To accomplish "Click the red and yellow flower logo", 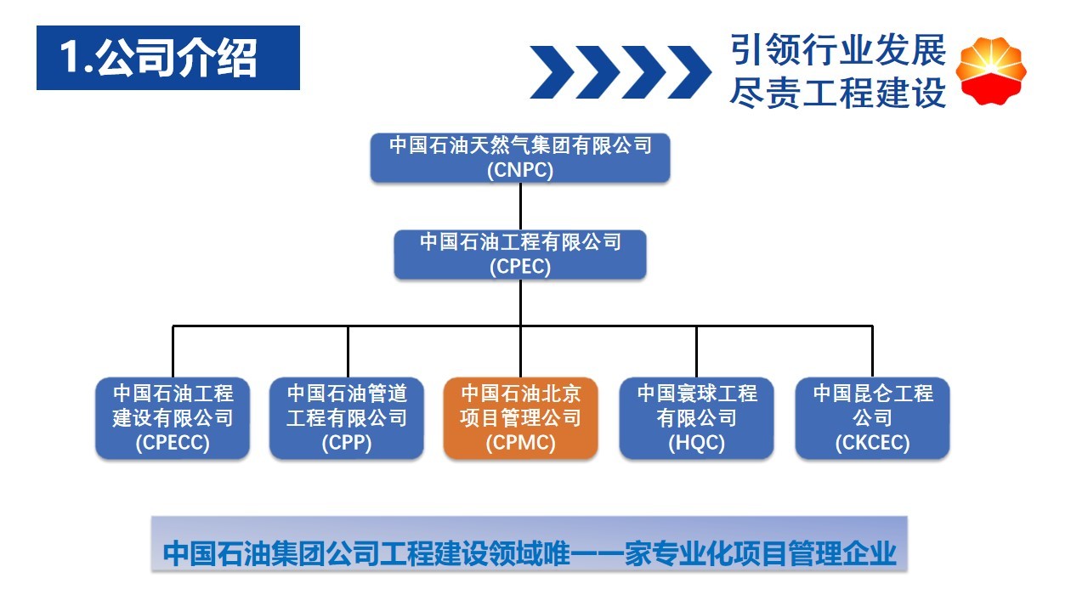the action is [991, 71].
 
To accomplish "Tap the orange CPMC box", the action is [520, 418].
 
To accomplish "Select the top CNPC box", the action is [520, 158].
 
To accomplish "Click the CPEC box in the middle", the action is [520, 254].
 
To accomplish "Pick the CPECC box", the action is [173, 418].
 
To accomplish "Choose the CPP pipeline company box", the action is [347, 418].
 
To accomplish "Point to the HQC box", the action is [696, 418].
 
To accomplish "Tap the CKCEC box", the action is [872, 418].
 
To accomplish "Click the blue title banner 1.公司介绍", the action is [168, 58].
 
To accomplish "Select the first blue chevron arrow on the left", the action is [552, 72].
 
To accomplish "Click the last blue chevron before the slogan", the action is [689, 72].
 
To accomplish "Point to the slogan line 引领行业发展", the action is [838, 49].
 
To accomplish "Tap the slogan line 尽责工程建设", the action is [838, 93].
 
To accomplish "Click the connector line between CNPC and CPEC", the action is [520, 207].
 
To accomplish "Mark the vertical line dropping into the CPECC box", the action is [173, 352].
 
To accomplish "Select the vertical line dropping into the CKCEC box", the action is [872, 352].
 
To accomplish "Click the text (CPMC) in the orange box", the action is [520, 443].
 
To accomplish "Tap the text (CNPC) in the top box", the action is [520, 170].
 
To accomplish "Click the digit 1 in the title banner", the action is [69, 57].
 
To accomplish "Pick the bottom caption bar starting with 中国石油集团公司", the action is [530, 544].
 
